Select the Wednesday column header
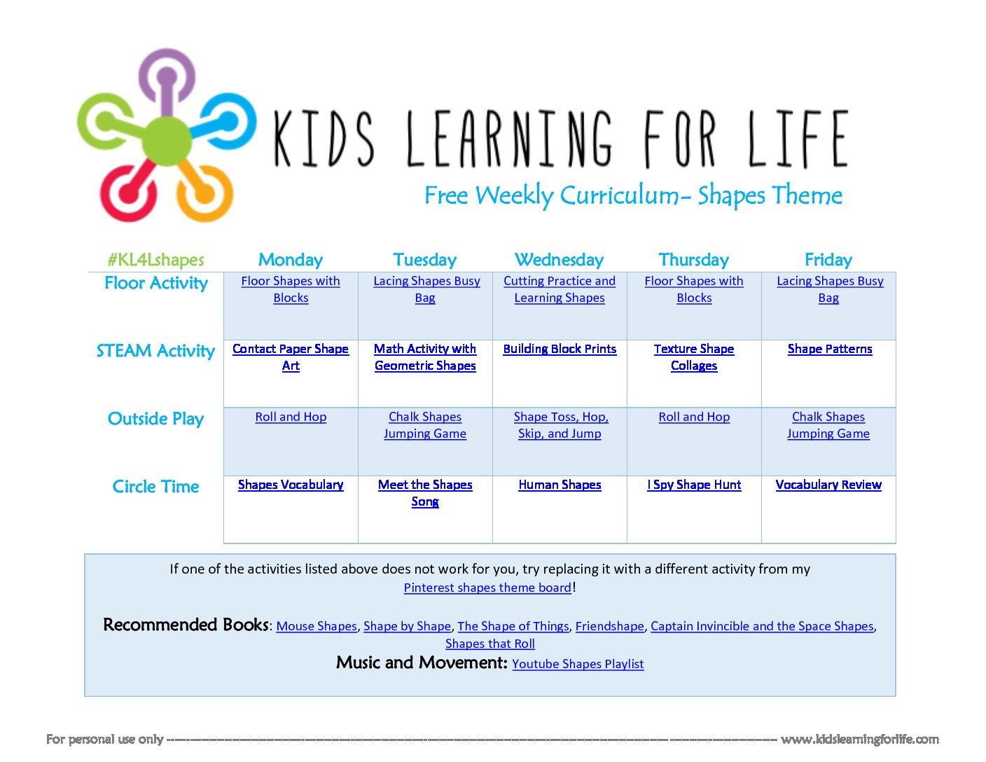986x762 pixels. click(559, 260)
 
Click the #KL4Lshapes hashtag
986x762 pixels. click(155, 260)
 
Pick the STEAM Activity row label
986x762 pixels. click(155, 351)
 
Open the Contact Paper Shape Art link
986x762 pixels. click(291, 357)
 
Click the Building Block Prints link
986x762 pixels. click(560, 349)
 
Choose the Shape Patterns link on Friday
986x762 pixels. click(829, 349)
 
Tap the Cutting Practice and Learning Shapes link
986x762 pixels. click(560, 289)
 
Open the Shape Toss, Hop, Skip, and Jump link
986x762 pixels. click(560, 425)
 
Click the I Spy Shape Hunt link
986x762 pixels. click(694, 485)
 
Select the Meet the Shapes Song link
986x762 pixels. click(425, 493)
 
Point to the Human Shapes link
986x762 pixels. click(560, 485)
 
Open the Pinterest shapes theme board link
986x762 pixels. click(487, 588)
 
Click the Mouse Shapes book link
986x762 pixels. click(317, 626)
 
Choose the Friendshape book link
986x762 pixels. click(609, 626)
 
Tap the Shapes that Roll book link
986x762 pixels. click(489, 644)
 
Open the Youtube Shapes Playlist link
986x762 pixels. click(578, 664)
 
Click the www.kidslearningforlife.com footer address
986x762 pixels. click(859, 740)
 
